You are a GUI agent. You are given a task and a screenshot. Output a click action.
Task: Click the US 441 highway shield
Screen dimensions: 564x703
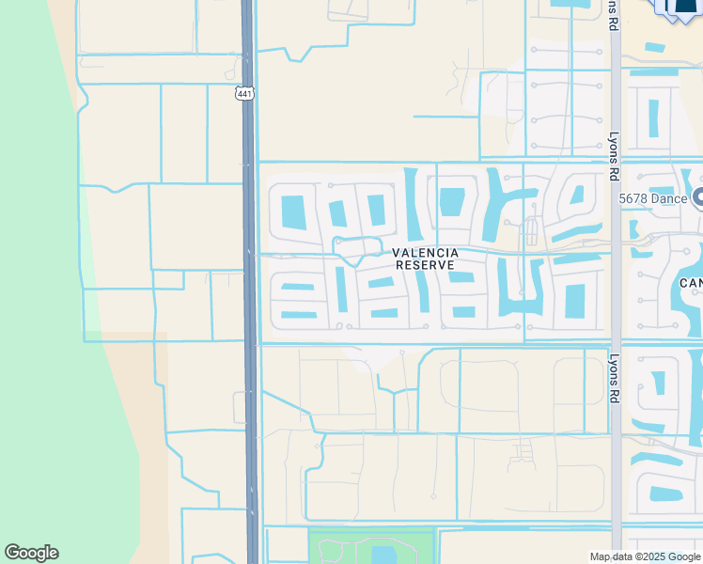(x=244, y=94)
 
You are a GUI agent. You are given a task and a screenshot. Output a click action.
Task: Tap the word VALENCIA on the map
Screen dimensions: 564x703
(x=426, y=253)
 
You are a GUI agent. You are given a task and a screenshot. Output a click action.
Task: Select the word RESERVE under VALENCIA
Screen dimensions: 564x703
(x=426, y=265)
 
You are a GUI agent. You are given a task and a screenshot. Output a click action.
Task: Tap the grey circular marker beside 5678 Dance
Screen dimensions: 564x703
(x=697, y=196)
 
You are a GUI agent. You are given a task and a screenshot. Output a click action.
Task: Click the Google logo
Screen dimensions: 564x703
(x=31, y=553)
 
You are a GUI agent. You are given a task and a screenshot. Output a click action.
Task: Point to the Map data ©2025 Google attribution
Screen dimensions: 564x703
(x=645, y=556)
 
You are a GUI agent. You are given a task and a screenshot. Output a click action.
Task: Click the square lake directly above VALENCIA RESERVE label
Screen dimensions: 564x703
(x=452, y=201)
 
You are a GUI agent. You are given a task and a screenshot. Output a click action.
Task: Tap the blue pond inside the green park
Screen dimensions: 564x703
(x=383, y=553)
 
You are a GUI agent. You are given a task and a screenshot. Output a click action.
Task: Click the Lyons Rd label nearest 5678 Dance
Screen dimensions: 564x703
(x=613, y=155)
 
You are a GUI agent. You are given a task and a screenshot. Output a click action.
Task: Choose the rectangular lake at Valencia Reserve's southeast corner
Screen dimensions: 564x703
(x=574, y=300)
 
